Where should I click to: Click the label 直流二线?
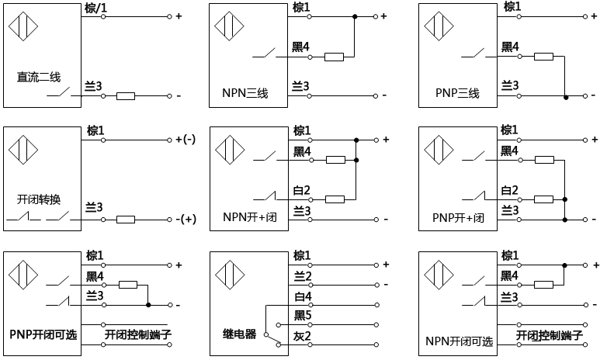[x=39, y=77]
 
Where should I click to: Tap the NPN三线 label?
[x=240, y=94]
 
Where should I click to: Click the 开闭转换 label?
[x=38, y=199]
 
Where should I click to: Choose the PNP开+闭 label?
[x=459, y=217]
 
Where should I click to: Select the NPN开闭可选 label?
[x=459, y=341]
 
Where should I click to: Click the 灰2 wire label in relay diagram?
[x=302, y=335]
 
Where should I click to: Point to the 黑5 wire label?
[x=302, y=316]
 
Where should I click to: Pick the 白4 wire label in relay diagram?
[x=302, y=296]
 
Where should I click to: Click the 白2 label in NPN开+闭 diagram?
[x=302, y=190]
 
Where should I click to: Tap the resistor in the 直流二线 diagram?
[x=125, y=96]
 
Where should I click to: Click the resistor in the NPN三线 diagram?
[x=334, y=57]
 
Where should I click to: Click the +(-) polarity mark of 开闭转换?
[x=186, y=140]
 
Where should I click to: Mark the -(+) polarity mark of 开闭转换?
[x=186, y=220]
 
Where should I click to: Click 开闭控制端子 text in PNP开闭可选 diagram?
[x=137, y=334]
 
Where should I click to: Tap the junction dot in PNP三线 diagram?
[x=566, y=96]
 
